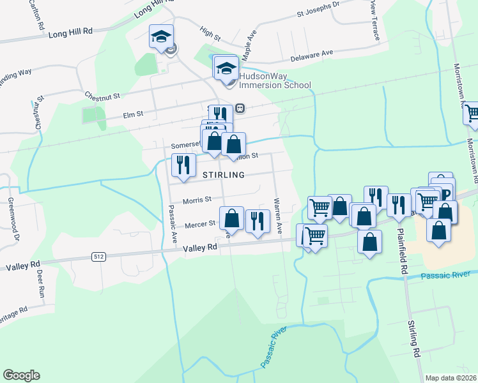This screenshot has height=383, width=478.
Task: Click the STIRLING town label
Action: coord(224,175)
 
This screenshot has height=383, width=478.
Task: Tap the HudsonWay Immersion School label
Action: coord(275,80)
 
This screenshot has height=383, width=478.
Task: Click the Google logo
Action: coord(21,375)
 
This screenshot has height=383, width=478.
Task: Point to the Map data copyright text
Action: coord(451,378)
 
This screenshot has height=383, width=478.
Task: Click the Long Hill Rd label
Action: coord(71,32)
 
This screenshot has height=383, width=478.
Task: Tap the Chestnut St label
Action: coord(103,96)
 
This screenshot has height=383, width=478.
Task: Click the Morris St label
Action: coord(197,200)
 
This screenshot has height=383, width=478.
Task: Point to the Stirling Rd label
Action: coord(415,338)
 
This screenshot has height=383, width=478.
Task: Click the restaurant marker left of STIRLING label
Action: coord(183,165)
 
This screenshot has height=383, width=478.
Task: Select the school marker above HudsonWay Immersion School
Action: coord(226,67)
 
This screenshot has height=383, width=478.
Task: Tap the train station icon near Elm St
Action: coord(240,109)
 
